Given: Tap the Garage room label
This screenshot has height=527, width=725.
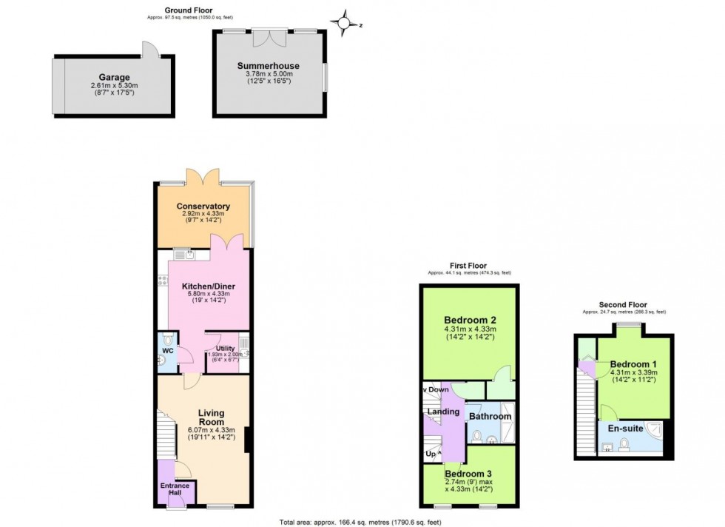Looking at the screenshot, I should pyautogui.click(x=115, y=77).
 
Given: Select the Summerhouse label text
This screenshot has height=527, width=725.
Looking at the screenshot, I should pyautogui.click(x=269, y=65).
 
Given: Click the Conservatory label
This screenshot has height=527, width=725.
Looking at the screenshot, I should pyautogui.click(x=203, y=206).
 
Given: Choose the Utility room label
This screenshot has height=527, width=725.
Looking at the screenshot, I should pyautogui.click(x=225, y=348).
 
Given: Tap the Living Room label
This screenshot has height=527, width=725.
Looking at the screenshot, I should pyautogui.click(x=211, y=418).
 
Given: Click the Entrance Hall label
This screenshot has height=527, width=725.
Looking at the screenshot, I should pyautogui.click(x=175, y=490).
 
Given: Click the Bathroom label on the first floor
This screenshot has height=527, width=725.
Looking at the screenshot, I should pyautogui.click(x=490, y=417).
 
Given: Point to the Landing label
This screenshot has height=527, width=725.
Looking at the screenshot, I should pyautogui.click(x=443, y=412).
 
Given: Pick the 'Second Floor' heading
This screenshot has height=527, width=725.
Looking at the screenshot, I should pyautogui.click(x=623, y=304).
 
